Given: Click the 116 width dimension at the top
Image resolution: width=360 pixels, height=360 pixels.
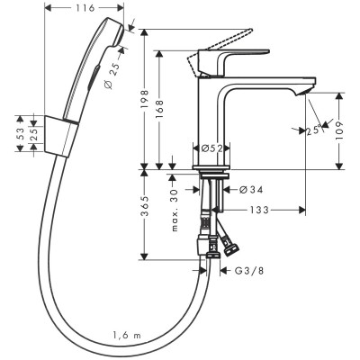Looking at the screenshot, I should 87,7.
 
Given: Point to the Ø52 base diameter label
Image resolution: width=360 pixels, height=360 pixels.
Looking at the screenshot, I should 211,148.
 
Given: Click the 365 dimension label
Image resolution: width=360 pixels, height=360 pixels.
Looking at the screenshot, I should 144,212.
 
